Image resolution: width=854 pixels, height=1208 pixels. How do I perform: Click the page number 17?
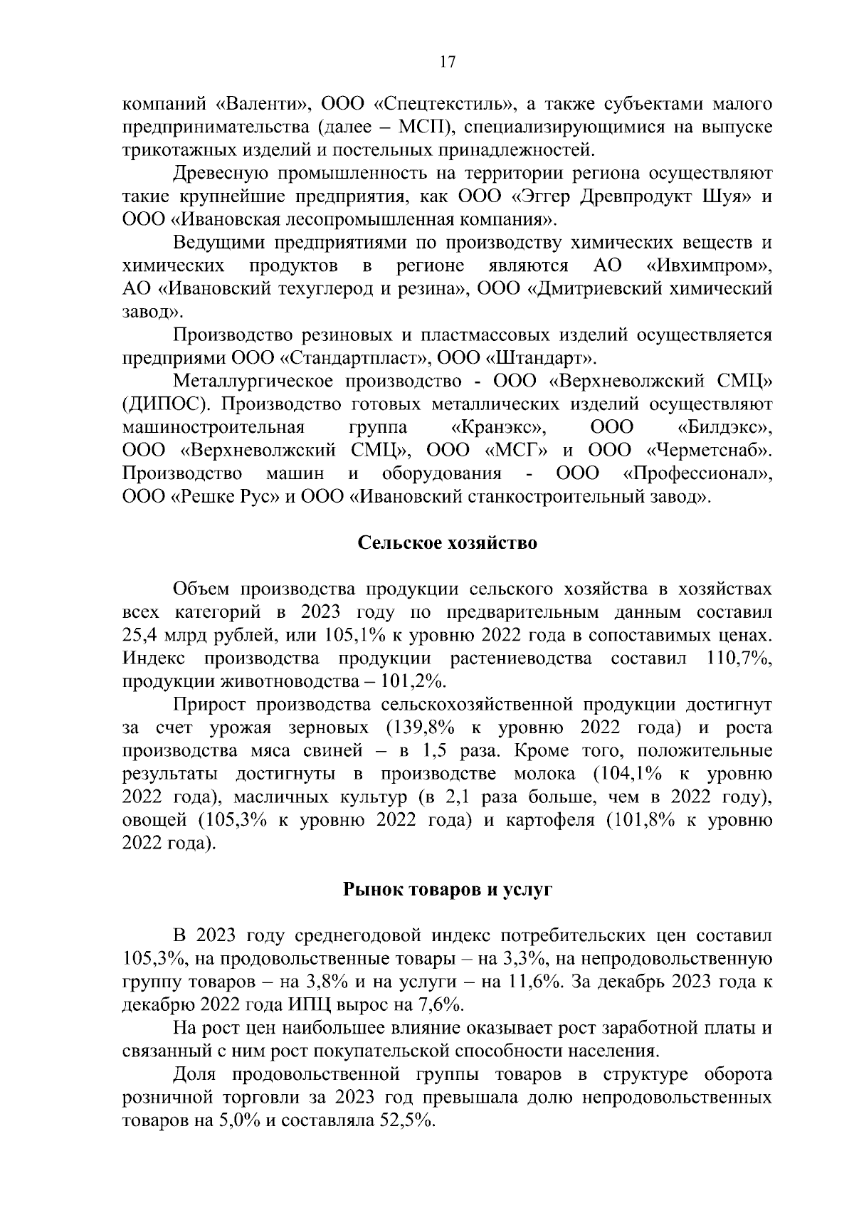tap(447, 62)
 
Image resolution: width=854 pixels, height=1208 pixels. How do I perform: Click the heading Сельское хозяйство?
tap(447, 544)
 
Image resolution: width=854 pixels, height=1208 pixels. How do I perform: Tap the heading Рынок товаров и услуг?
tap(448, 890)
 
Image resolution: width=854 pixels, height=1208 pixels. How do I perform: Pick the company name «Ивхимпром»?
tap(709, 266)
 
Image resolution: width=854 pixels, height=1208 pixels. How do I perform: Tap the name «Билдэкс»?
tap(723, 428)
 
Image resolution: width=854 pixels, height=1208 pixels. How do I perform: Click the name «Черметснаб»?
tap(709, 451)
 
